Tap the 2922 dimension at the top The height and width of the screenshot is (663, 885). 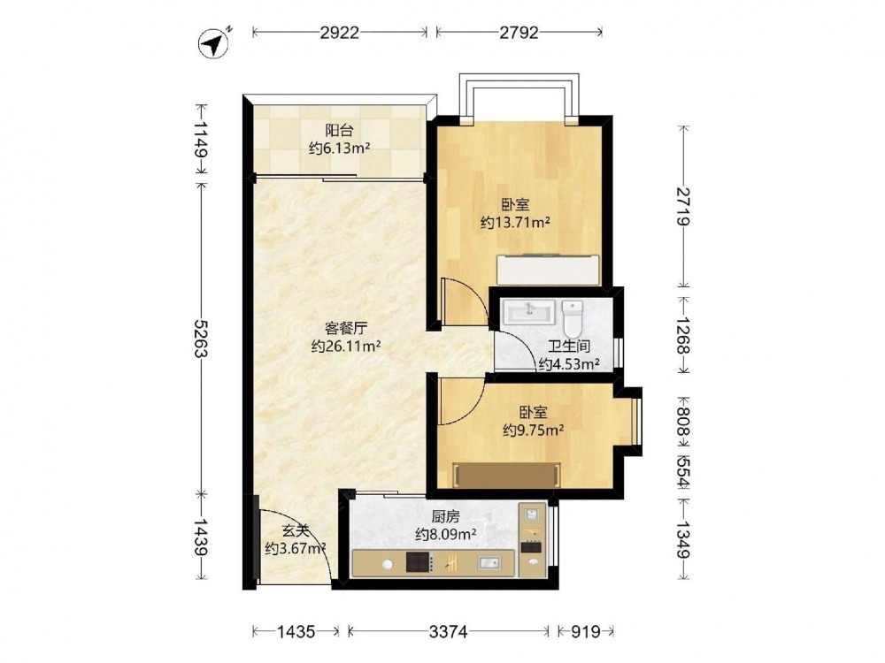click(339, 33)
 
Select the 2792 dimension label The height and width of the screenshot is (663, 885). click(519, 33)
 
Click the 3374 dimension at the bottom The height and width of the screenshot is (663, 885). click(448, 631)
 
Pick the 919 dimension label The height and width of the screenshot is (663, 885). click(585, 631)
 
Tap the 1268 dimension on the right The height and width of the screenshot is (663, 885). click(683, 335)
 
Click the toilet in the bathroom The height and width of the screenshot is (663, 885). click(573, 318)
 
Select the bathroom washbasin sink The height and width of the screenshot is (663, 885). click(529, 311)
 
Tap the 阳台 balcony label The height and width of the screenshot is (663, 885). click(339, 130)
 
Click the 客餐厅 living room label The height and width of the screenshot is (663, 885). click(346, 328)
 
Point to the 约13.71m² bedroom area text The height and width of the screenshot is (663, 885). click(515, 223)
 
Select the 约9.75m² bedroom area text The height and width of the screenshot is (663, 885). click(534, 431)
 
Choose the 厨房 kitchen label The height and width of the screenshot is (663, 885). click(445, 516)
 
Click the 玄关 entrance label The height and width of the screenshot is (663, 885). click(296, 530)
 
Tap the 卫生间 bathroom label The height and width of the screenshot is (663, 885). click(568, 347)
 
